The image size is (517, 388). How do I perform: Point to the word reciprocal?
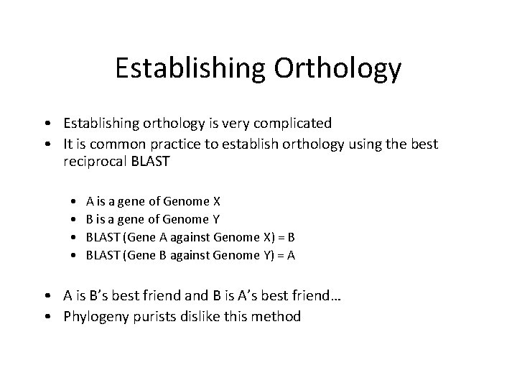pyautogui.click(x=96, y=162)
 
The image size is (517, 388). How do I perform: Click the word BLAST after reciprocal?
pyautogui.click(x=150, y=162)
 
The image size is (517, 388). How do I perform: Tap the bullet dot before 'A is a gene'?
pyautogui.click(x=75, y=201)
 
